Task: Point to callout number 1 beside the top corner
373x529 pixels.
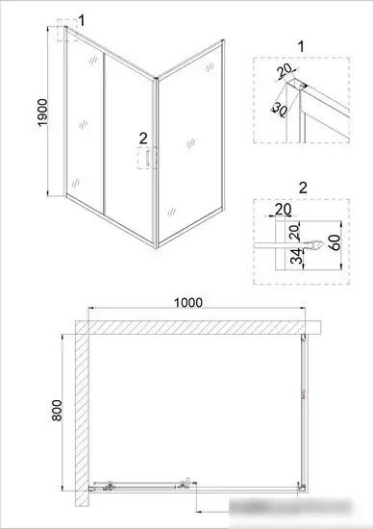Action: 82,18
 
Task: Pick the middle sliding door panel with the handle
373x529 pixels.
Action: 128,144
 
